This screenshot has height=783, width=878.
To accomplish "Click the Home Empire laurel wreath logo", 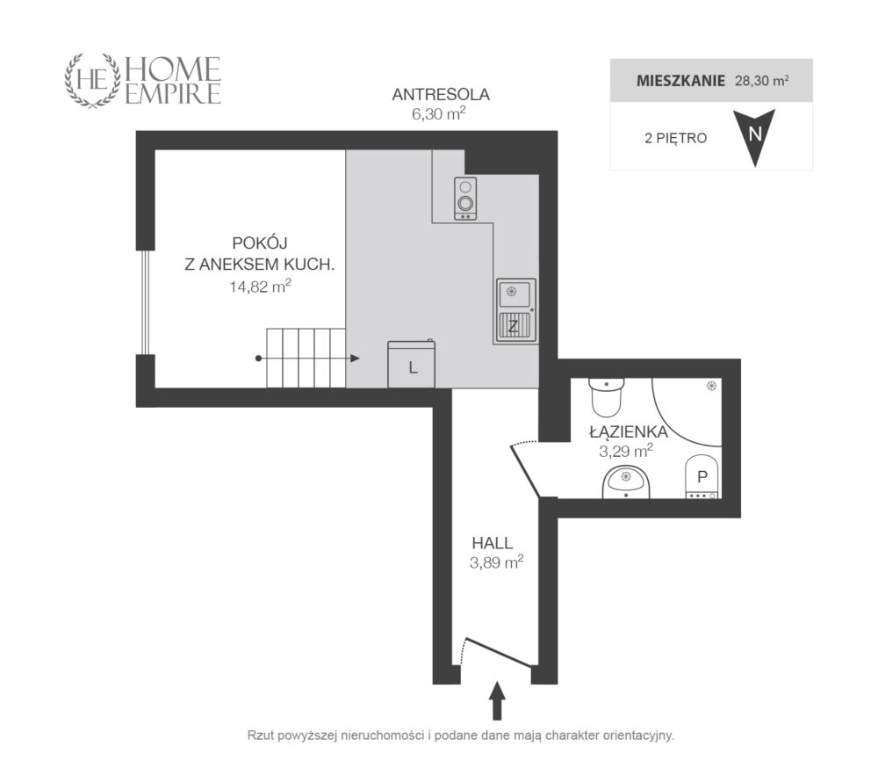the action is pyautogui.click(x=93, y=80).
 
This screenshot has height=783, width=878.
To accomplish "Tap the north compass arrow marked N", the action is pyautogui.click(x=755, y=137).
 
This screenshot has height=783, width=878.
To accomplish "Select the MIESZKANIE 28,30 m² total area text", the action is pyautogui.click(x=712, y=81).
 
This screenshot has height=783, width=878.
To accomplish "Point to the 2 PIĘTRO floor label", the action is pyautogui.click(x=675, y=138).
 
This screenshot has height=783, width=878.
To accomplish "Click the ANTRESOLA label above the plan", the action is pyautogui.click(x=441, y=95).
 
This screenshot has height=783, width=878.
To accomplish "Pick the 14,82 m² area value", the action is pyautogui.click(x=261, y=286).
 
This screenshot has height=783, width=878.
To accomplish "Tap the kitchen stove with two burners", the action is pyautogui.click(x=464, y=199).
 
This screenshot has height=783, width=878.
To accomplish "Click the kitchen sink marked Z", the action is pyautogui.click(x=515, y=311).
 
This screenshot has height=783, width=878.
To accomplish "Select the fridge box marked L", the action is pyautogui.click(x=412, y=364).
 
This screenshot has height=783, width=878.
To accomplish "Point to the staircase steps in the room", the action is pyautogui.click(x=306, y=359).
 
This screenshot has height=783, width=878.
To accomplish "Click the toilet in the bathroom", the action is pyautogui.click(x=606, y=396).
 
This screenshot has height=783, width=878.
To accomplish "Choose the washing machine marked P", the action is pyautogui.click(x=702, y=476).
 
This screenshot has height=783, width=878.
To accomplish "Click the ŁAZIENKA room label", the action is pyautogui.click(x=629, y=432).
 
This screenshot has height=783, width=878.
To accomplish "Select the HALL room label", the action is pyautogui.click(x=493, y=543).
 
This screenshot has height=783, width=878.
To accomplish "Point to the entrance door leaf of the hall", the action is pyautogui.click(x=499, y=652).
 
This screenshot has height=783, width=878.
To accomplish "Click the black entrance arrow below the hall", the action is pyautogui.click(x=497, y=700).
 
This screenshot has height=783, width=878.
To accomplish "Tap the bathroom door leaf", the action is pyautogui.click(x=525, y=471).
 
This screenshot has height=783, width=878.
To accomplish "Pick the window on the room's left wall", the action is pyautogui.click(x=146, y=302).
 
